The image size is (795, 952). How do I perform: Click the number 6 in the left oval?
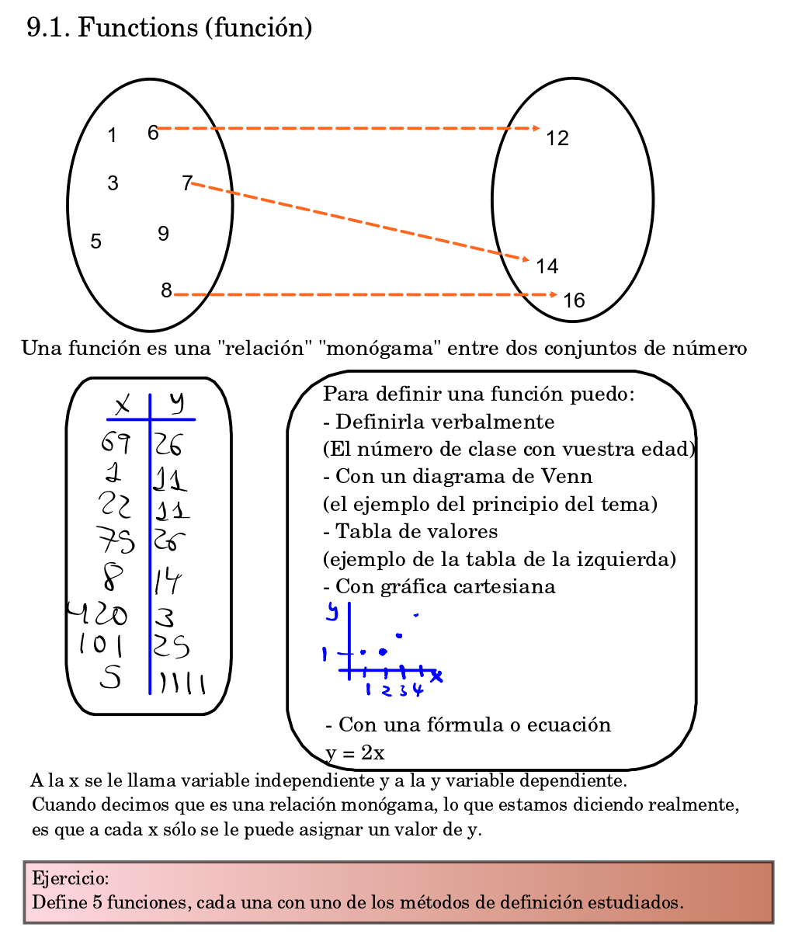coord(153,133)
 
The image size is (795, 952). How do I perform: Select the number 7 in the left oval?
coord(186,183)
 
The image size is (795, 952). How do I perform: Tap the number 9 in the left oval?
coord(163,234)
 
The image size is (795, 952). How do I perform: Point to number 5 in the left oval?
coord(95,241)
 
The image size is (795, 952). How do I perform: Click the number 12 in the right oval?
coord(557,139)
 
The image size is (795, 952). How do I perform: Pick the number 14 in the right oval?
coord(547,267)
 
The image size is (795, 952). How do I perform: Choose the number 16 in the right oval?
coord(574,301)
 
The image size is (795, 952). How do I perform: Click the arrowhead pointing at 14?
coord(526,260)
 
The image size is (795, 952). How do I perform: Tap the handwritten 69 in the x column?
coord(116,443)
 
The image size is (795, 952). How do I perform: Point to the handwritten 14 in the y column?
coord(168,581)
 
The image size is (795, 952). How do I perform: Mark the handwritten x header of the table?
coord(123,405)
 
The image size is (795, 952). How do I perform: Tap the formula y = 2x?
coord(355,753)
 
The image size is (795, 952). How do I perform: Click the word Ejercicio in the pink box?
coord(70,879)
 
